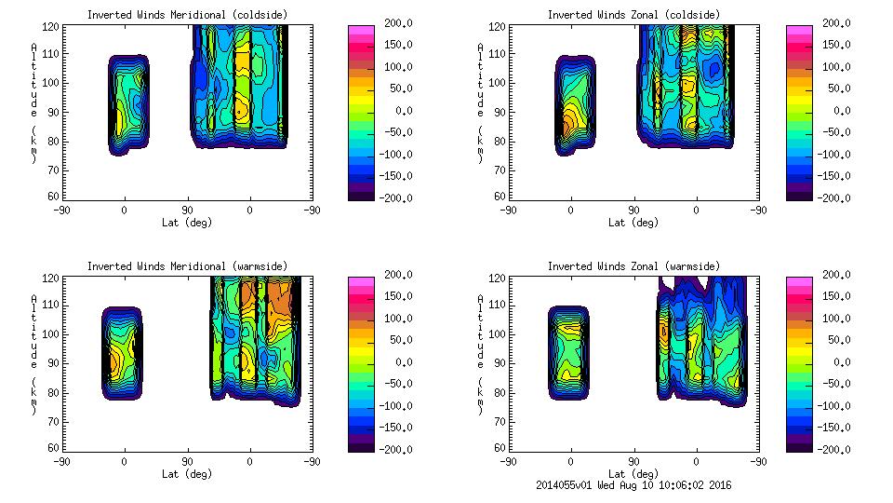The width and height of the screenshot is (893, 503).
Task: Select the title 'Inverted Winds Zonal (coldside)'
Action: [633, 15]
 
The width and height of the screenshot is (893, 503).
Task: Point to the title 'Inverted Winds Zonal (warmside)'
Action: [633, 266]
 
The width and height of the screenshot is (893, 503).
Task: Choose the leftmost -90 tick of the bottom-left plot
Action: [61, 461]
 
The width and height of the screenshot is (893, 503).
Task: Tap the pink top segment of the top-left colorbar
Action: [361, 31]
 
